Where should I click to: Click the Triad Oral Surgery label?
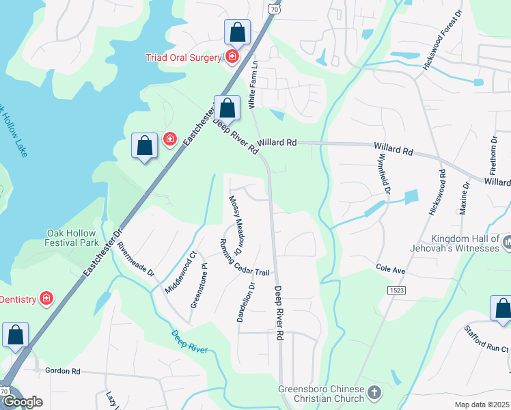pos(184,57)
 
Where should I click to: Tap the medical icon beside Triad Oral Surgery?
pos(232,57)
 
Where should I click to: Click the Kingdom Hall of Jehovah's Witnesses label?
pos(466,243)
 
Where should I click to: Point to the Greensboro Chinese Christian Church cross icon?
pos(373,393)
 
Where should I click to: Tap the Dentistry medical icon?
pos(46,299)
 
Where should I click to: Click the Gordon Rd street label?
pos(63,371)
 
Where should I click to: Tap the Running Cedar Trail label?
pos(237,262)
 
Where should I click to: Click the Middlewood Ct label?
pos(180,272)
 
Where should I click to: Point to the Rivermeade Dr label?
pos(137,258)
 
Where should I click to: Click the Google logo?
pos(23,402)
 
